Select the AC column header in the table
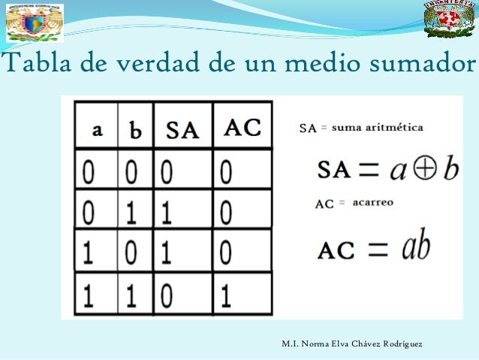pos(242,129)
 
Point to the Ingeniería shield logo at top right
pos(449,20)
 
